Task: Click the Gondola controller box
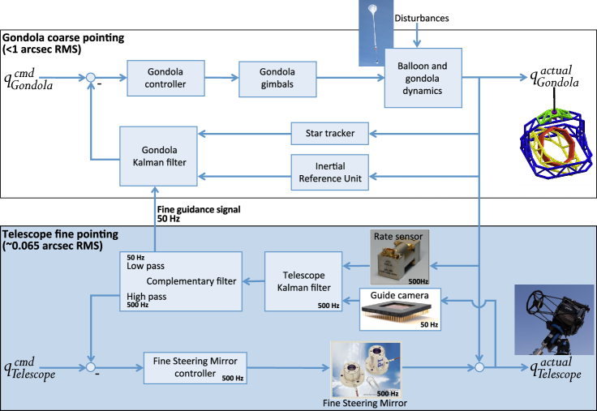tap(165, 78)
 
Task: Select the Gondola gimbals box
tap(277, 79)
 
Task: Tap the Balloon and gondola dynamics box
tap(423, 78)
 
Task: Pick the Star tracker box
tap(329, 134)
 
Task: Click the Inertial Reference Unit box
tap(329, 172)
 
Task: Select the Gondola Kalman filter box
tap(158, 156)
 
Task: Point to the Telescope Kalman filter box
tap(303, 281)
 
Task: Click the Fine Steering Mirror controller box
tap(195, 368)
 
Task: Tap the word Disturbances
tap(422, 19)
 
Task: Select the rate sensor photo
tap(400, 257)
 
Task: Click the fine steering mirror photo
tap(366, 370)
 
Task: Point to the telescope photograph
tap(554, 319)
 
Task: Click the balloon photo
tap(372, 33)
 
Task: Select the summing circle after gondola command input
tap(91, 78)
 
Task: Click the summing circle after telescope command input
tap(91, 367)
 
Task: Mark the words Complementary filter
tap(191, 281)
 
